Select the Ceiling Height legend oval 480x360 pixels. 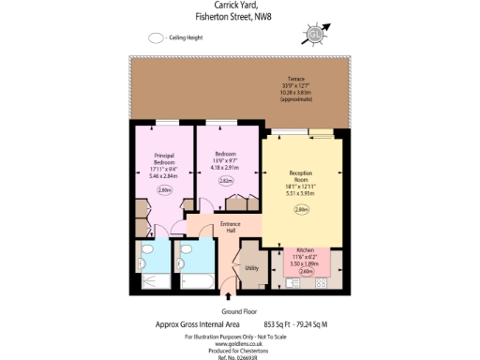tap(156, 38)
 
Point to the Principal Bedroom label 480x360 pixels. tap(157, 160)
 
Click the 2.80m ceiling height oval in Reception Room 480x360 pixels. tap(301, 210)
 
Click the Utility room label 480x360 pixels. tap(251, 268)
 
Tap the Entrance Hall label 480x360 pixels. tap(231, 226)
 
